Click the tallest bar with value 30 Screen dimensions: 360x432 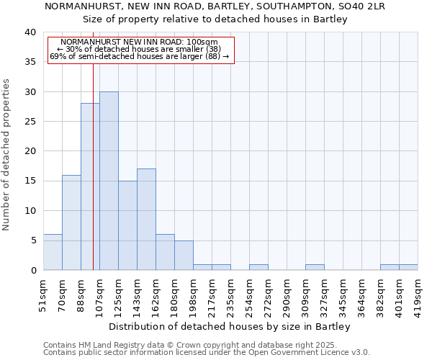(109, 181)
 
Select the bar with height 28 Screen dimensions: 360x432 (90, 186)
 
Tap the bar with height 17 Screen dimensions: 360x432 (146, 220)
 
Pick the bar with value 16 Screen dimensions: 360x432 (71, 222)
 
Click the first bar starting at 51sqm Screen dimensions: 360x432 (53, 252)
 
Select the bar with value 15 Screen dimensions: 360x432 (127, 225)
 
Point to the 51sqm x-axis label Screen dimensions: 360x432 (44, 293)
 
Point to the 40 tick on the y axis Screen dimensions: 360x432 (30, 32)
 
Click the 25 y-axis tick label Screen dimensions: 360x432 (30, 122)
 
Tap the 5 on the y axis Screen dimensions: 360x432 (33, 240)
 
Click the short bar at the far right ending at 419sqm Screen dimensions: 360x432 (408, 267)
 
